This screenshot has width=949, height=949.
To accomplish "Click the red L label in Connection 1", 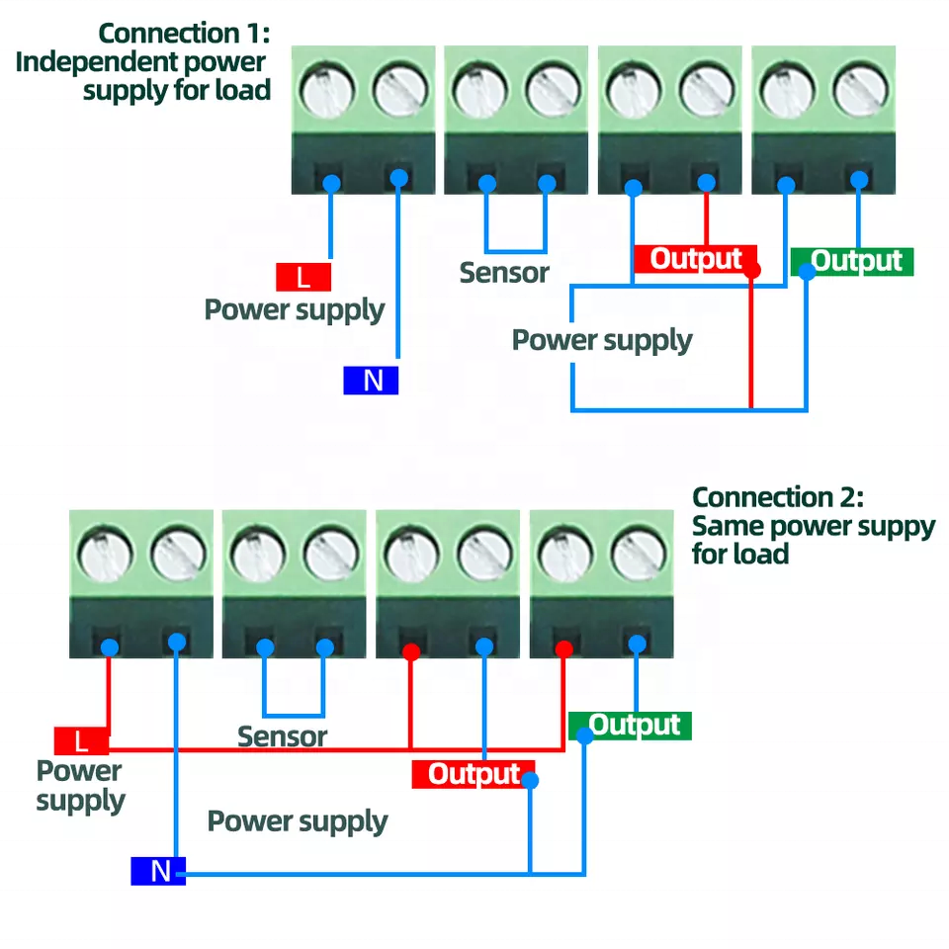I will [303, 277].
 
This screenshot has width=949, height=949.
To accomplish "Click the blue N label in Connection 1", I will [371, 381].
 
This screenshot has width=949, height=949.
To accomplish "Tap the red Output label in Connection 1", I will [695, 259].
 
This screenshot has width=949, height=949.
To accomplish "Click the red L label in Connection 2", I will [81, 740].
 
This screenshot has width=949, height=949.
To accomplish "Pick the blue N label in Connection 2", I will [158, 871].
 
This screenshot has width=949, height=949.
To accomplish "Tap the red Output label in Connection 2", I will [474, 774].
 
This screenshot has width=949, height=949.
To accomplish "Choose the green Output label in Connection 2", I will [634, 725].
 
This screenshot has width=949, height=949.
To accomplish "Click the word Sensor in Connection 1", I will [504, 272].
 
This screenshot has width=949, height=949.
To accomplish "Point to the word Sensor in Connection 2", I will [282, 736].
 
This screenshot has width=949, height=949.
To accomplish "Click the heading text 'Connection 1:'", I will [184, 33].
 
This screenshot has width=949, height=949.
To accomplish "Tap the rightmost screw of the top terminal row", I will [861, 92].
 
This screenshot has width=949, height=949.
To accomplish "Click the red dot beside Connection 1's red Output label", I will [752, 270].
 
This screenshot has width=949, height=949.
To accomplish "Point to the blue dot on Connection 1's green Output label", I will [808, 272].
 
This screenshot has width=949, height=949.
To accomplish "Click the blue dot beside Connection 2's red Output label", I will [531, 781].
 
